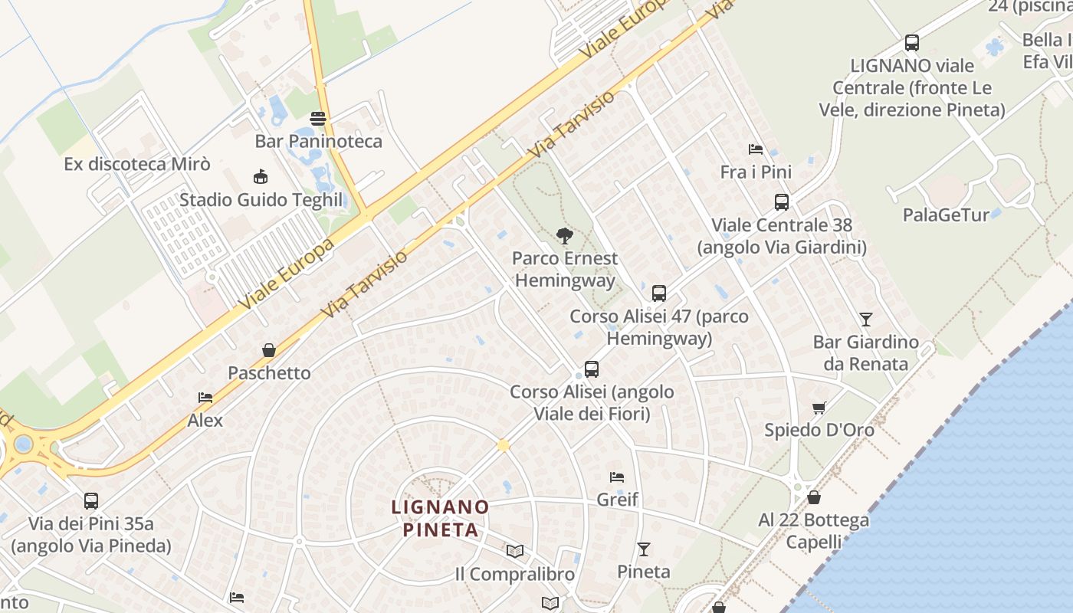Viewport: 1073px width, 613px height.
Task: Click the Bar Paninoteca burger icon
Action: pyautogui.click(x=318, y=119)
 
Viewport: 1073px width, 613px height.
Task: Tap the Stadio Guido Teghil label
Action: pyautogui.click(x=261, y=200)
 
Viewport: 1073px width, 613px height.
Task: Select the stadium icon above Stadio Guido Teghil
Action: pyautogui.click(x=261, y=177)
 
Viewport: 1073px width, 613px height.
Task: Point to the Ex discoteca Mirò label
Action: pyautogui.click(x=137, y=164)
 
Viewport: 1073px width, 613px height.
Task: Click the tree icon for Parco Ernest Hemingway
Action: pyautogui.click(x=565, y=235)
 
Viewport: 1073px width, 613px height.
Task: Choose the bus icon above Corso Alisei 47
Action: pyautogui.click(x=659, y=293)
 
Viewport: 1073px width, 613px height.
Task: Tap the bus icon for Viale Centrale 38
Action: pyautogui.click(x=782, y=202)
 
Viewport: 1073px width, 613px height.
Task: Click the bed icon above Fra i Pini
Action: pyautogui.click(x=756, y=149)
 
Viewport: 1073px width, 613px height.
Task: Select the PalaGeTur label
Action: pyautogui.click(x=946, y=215)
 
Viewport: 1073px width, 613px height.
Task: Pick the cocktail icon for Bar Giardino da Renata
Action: pyautogui.click(x=866, y=319)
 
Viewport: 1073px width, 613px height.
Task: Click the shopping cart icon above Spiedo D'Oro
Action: pyautogui.click(x=819, y=408)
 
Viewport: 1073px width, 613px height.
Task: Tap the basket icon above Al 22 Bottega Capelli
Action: pyautogui.click(x=814, y=498)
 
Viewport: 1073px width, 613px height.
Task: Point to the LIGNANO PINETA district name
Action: pyautogui.click(x=440, y=518)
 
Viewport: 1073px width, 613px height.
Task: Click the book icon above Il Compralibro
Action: pyautogui.click(x=515, y=551)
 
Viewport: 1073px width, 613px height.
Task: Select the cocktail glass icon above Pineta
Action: pyautogui.click(x=644, y=549)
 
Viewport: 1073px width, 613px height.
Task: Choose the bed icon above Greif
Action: pyautogui.click(x=617, y=477)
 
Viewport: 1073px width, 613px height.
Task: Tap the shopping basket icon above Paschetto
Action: pyautogui.click(x=269, y=350)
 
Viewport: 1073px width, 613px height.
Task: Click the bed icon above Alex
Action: pyautogui.click(x=205, y=398)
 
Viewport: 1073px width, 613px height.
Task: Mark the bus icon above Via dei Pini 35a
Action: pyautogui.click(x=91, y=501)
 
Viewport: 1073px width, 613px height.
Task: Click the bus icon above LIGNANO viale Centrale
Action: pyautogui.click(x=912, y=43)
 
